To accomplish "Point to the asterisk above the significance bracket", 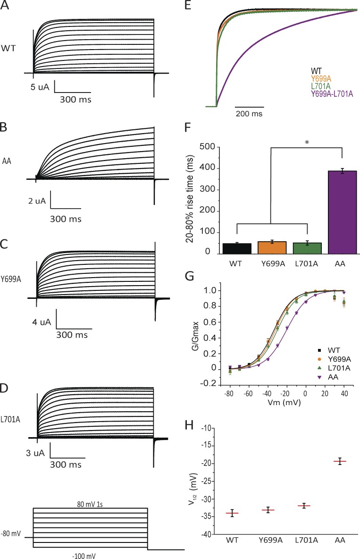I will click(307, 142).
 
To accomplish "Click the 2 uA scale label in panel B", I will click(36, 201).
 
